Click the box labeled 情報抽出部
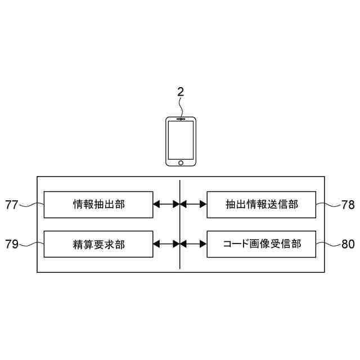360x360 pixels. pyautogui.click(x=98, y=204)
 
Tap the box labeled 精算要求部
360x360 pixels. pyautogui.click(x=98, y=244)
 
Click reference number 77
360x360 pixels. pyautogui.click(x=12, y=205)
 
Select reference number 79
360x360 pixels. pyautogui.click(x=12, y=244)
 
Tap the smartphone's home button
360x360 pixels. pyautogui.click(x=181, y=163)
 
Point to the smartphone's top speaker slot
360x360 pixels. pyautogui.click(x=181, y=119)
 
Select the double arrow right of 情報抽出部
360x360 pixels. pyautogui.click(x=166, y=205)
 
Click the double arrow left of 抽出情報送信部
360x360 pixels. pyautogui.click(x=193, y=205)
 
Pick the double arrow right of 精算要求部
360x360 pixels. pyautogui.click(x=166, y=244)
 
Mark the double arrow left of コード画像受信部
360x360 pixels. pyautogui.click(x=193, y=244)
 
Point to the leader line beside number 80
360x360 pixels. pyautogui.click(x=328, y=244)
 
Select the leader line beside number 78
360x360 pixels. pyautogui.click(x=328, y=204)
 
